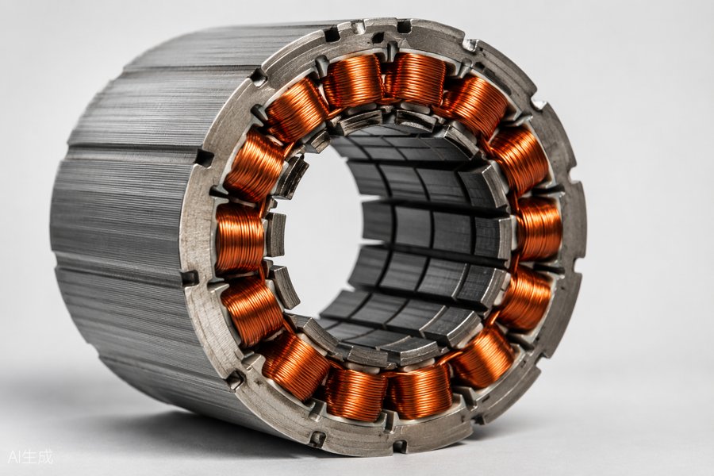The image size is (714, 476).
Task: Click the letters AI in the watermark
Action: click(14, 457)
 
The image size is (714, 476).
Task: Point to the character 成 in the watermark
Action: click(45, 457)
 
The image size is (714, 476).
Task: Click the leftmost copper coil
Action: click(239, 239)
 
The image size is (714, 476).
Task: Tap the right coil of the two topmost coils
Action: click(416, 79)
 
